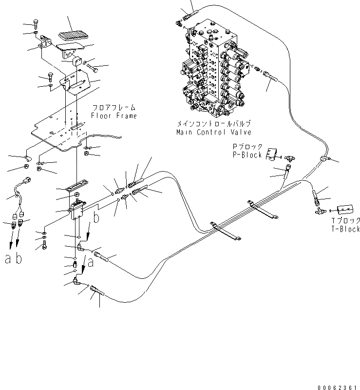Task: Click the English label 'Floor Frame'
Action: coord(114,116)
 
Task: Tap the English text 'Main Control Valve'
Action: coord(214,132)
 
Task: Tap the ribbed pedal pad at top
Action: coord(71,36)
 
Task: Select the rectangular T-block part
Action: coord(342,209)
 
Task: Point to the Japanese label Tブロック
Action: coord(343,220)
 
